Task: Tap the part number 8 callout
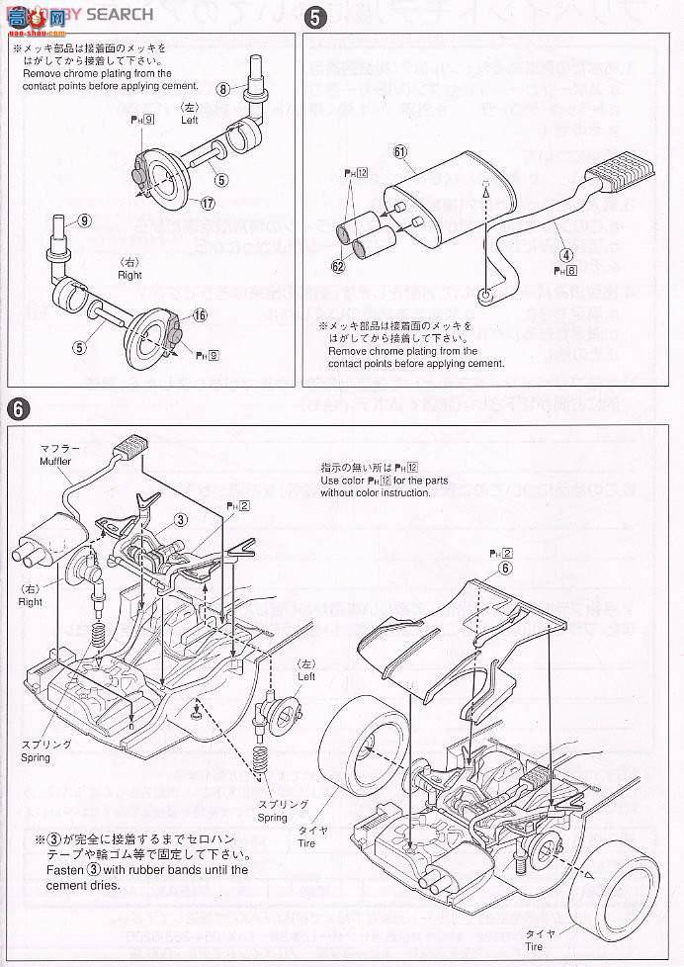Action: (x=224, y=88)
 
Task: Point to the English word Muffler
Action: (x=56, y=461)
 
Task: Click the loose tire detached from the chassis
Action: (x=620, y=896)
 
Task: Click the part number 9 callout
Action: (x=84, y=220)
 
